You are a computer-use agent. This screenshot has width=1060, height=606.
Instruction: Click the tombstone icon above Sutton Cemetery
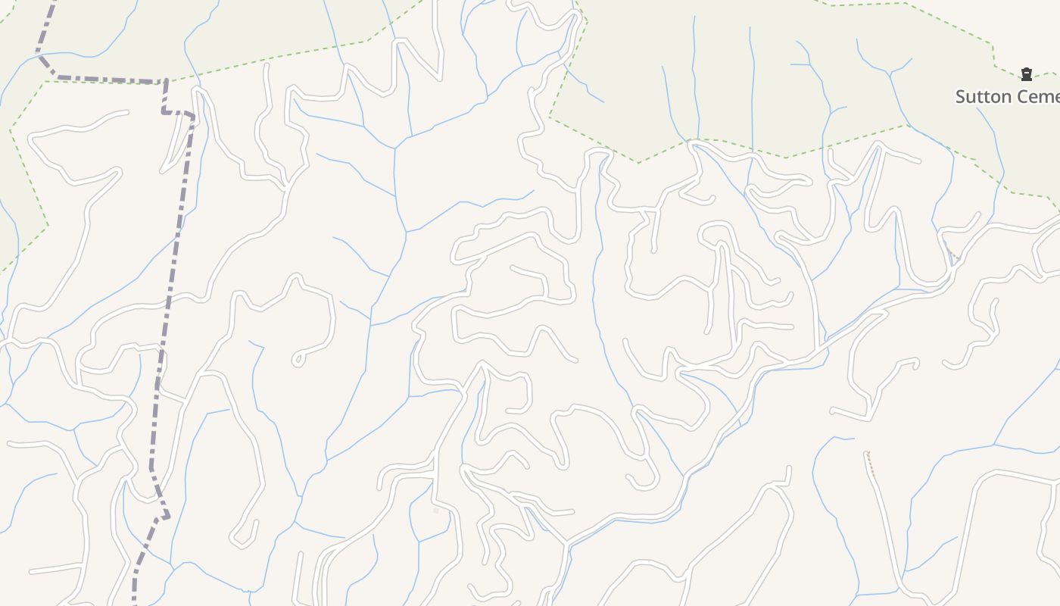[x=1026, y=74]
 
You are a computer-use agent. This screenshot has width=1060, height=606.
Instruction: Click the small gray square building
[x=435, y=511]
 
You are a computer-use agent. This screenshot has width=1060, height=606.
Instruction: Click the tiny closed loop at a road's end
[x=298, y=359]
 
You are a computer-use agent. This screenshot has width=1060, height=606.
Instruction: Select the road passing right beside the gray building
[x=435, y=485]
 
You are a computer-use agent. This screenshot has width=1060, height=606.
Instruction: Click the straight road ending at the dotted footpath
[x=886, y=523]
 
